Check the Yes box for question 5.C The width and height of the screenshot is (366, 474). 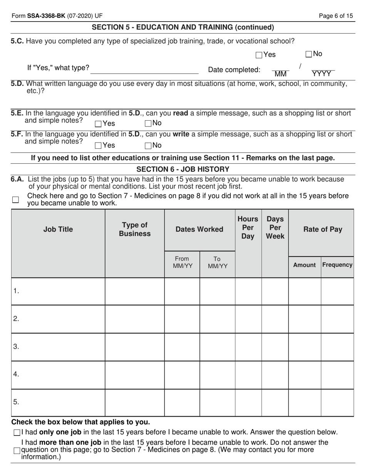point(259,55)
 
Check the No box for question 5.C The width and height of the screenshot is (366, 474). point(309,54)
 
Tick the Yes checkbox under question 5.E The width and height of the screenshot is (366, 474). point(98,124)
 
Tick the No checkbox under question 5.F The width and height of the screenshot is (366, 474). point(148,146)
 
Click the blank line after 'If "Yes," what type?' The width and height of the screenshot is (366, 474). point(144,69)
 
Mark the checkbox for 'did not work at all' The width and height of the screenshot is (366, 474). point(15,200)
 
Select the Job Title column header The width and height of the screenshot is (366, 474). point(58,229)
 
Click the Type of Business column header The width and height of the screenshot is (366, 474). point(134,229)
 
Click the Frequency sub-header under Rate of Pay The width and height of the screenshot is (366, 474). point(337,265)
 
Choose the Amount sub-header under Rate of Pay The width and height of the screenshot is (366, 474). point(304,265)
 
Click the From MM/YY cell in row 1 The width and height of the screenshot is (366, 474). point(182,291)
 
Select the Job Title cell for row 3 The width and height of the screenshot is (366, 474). point(58,347)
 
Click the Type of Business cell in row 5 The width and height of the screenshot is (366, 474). point(134,402)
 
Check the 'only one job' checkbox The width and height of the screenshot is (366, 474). point(17,433)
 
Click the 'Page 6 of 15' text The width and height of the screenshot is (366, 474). point(336,16)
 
